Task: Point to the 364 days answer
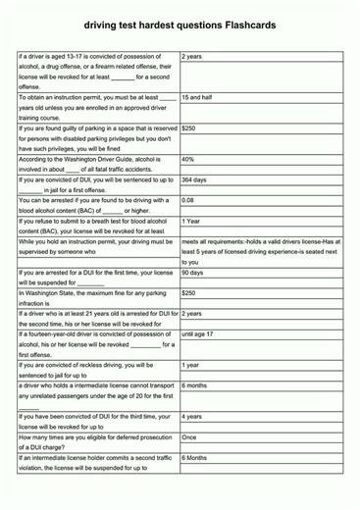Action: click(x=194, y=179)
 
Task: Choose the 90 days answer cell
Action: click(x=192, y=273)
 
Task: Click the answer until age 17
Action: click(x=198, y=334)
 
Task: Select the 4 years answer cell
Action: click(x=192, y=416)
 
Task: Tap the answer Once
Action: click(x=189, y=437)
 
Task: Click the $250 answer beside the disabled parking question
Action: click(x=189, y=128)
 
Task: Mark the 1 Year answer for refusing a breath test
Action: click(x=191, y=221)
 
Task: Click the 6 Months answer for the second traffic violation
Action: click(x=194, y=457)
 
